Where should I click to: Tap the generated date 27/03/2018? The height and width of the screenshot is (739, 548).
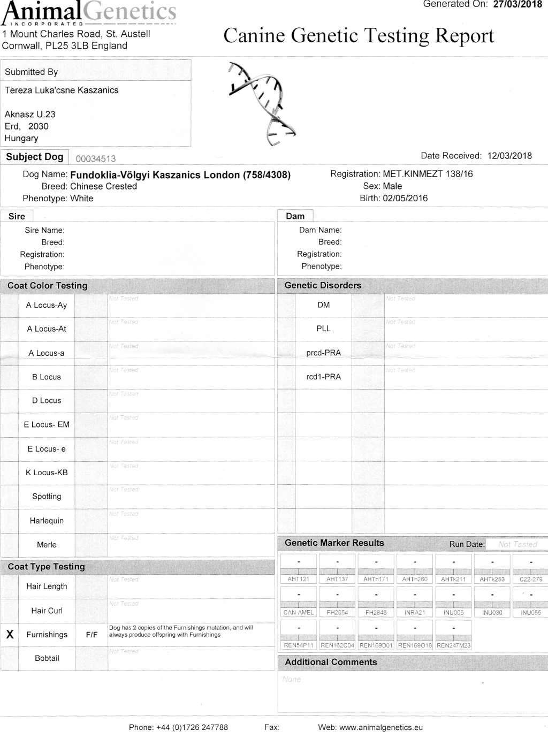517,4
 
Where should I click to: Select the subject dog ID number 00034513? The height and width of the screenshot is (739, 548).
96,159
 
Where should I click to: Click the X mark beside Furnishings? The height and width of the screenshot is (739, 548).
10,635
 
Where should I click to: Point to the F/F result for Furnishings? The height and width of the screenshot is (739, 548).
92,635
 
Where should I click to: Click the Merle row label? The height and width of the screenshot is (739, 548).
47,545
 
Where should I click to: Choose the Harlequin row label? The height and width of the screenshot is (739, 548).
47,521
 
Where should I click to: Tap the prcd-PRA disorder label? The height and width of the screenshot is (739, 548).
323,353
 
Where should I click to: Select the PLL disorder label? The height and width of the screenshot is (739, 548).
323,329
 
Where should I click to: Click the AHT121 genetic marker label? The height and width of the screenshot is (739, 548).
299,580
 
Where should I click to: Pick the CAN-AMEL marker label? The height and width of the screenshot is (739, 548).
299,613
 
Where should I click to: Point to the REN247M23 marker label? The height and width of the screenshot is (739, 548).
454,646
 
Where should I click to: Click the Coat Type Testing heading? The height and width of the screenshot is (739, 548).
46,567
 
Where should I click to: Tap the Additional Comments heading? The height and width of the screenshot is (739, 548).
331,662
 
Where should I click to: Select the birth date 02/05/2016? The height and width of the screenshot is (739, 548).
405,199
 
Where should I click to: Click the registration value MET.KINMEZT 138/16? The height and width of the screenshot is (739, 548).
428,174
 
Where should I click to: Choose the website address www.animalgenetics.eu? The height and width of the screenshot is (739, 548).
381,728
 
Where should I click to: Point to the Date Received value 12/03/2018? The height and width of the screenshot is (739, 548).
509,156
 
